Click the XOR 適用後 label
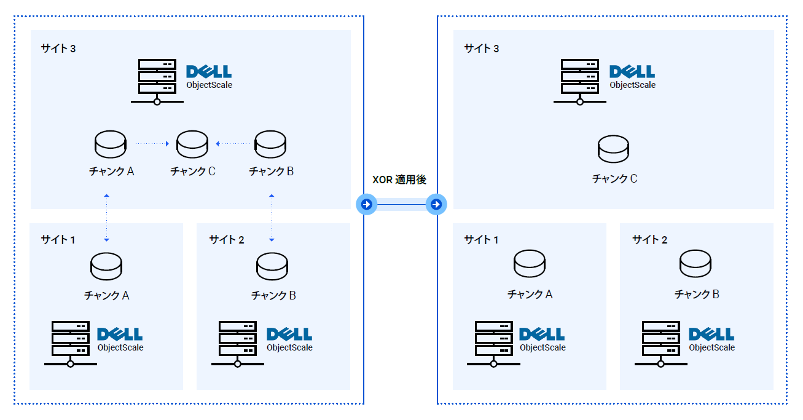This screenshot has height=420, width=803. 399,180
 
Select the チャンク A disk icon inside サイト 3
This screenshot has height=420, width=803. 111,145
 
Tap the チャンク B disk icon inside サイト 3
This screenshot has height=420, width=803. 271,145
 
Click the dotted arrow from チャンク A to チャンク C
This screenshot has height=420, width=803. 151,144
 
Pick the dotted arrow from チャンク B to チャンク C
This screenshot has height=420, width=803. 235,144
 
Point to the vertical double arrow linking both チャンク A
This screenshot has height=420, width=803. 107,218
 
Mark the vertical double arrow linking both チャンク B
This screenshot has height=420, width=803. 272,218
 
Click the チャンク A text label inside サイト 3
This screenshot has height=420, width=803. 111,172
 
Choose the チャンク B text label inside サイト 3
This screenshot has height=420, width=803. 271,172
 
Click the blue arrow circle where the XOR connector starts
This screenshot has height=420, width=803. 366,204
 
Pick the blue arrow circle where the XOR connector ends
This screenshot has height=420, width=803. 436,204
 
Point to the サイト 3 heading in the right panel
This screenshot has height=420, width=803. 482,49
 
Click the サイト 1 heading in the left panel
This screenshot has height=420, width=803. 58,240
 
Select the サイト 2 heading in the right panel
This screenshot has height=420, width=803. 650,240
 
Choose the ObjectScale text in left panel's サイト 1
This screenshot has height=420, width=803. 120,347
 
